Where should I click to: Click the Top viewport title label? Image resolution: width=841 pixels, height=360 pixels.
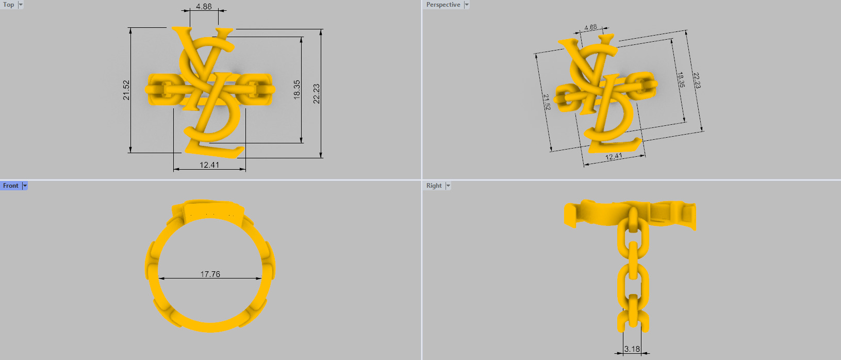[9, 5]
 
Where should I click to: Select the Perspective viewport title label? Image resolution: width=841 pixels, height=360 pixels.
[443, 5]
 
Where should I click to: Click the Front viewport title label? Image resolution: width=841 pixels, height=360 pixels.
[10, 186]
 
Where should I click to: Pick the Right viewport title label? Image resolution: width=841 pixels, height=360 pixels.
[434, 186]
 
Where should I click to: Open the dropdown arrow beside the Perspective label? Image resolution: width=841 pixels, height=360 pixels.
[467, 5]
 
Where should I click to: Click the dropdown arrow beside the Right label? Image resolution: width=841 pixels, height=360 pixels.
[448, 186]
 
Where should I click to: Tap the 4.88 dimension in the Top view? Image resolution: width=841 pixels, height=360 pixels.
[204, 7]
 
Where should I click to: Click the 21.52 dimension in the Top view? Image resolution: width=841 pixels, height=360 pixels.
[126, 90]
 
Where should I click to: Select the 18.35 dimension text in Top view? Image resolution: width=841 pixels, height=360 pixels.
[296, 89]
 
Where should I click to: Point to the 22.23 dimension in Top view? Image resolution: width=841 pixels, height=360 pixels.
[316, 93]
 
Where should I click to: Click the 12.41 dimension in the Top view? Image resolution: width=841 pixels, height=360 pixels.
[209, 165]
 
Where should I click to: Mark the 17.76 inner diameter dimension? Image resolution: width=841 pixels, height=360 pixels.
[210, 274]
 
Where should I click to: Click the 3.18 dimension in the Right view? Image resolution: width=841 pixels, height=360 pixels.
[632, 349]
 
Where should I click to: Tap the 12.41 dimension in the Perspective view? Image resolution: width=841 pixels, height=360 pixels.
[614, 157]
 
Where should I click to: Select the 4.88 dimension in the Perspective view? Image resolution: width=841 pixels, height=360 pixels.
[590, 27]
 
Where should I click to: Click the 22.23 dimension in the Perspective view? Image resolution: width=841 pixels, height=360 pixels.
[697, 80]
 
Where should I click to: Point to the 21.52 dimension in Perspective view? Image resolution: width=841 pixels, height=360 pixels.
[547, 102]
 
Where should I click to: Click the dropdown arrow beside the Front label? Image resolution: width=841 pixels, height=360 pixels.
[25, 186]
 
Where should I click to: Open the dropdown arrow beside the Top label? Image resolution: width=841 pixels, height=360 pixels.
[21, 5]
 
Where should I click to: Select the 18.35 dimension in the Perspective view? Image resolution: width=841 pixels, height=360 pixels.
[681, 80]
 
